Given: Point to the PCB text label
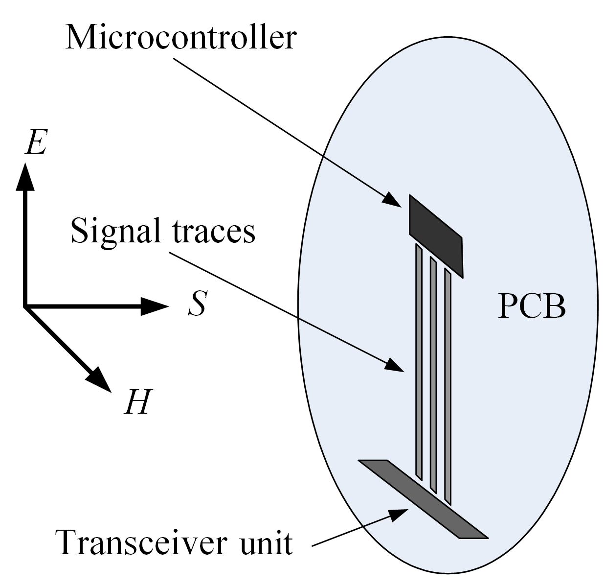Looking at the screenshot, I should click(x=532, y=307).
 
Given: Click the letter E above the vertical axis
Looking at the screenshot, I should click(x=36, y=143).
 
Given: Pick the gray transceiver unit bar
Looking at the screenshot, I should click(x=423, y=498).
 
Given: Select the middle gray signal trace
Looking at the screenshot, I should click(x=433, y=375).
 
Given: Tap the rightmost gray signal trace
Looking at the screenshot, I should click(x=448, y=387).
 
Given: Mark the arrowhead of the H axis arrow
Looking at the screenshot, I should click(x=99, y=379).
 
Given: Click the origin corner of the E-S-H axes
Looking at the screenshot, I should click(x=25, y=306).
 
